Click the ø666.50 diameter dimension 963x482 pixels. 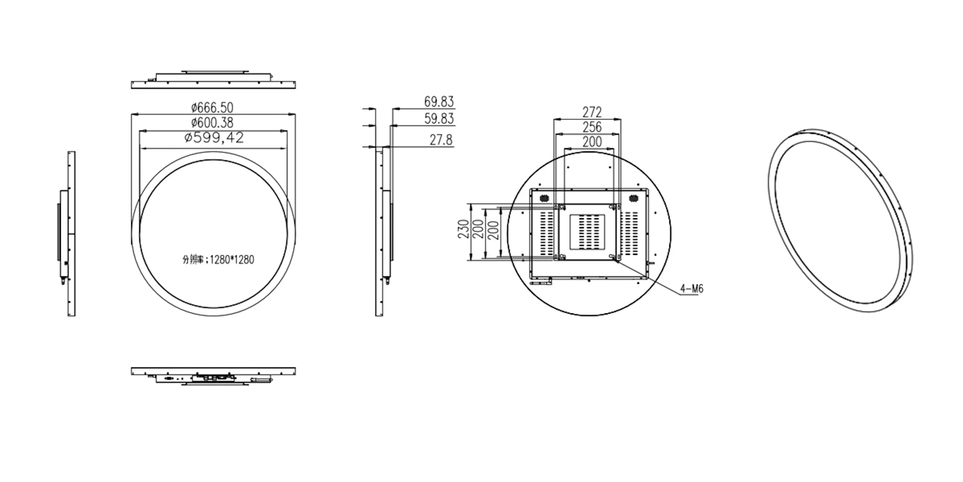pyautogui.click(x=212, y=107)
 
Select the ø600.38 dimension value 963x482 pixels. pyautogui.click(x=212, y=123)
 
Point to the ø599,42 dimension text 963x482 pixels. pyautogui.click(x=214, y=138)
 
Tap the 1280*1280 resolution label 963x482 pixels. pyautogui.click(x=218, y=260)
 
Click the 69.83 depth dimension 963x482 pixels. pyautogui.click(x=439, y=101)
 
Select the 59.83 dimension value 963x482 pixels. pyautogui.click(x=439, y=119)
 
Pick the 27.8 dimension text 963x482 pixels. pyautogui.click(x=442, y=140)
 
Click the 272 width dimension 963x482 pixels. pyautogui.click(x=592, y=112)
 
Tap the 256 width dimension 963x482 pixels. pyautogui.click(x=592, y=127)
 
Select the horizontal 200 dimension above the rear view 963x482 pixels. pyautogui.click(x=592, y=142)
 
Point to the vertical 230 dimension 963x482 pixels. pyautogui.click(x=464, y=230)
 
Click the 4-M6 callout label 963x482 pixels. pyautogui.click(x=692, y=289)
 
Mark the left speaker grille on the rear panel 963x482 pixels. pyautogui.click(x=543, y=198)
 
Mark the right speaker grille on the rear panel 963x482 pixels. pyautogui.click(x=633, y=198)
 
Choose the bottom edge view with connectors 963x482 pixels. pyautogui.click(x=213, y=374)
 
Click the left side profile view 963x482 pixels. pyautogui.click(x=67, y=234)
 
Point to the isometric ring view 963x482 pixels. pyautogui.click(x=841, y=218)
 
